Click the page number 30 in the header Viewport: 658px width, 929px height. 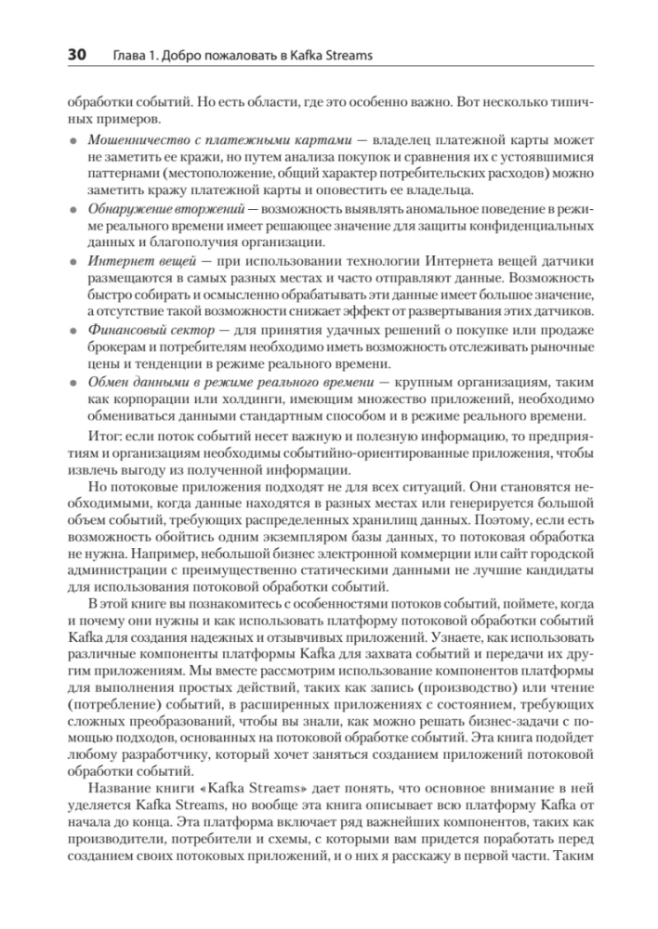73,55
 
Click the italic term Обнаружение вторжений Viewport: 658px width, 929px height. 146,204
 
